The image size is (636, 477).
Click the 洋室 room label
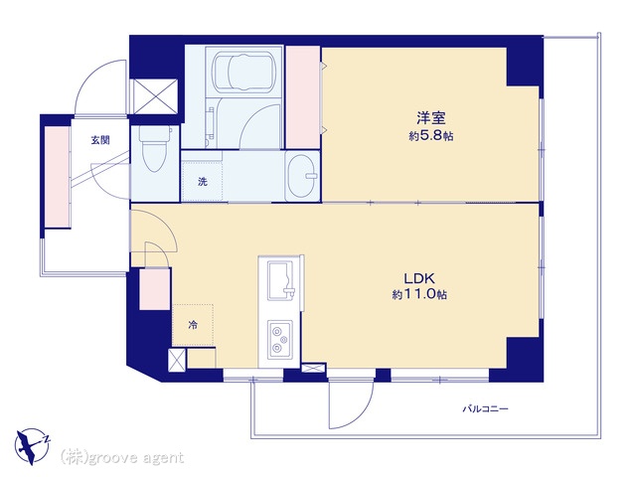431,118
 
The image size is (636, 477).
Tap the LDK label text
419,278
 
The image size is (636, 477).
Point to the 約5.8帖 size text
430,136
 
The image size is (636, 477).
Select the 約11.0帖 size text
419,294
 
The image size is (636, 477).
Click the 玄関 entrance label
99,140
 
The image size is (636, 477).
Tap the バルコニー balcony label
486,408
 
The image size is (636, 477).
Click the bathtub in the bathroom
244,72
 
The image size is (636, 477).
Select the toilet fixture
154,148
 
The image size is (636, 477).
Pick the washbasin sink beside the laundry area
302,176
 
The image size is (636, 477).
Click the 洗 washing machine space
202,181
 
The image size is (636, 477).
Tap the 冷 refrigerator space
193,325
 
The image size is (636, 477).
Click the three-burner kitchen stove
280,339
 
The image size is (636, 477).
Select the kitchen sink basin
280,280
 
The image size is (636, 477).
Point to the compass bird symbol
29,446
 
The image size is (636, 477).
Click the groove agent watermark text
122,457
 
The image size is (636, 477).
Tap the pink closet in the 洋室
302,97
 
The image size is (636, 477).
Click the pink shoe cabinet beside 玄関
57,177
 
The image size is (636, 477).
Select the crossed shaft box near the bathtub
155,96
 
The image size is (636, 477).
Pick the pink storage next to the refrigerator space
155,289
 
